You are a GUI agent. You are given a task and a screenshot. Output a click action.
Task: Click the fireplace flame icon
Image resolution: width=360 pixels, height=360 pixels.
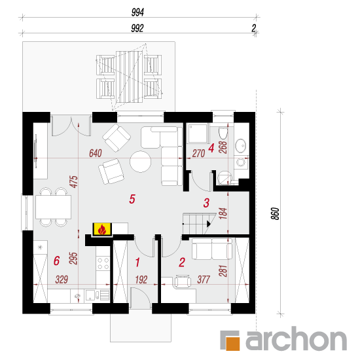102,230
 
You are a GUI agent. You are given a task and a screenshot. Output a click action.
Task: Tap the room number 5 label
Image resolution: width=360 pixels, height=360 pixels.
132,199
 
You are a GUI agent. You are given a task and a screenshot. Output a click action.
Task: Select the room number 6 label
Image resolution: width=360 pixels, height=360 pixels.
56,261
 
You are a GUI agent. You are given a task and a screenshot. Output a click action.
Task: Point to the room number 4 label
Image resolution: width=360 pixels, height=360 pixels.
211,148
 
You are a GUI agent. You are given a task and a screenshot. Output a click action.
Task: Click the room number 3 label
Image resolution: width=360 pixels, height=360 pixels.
206,203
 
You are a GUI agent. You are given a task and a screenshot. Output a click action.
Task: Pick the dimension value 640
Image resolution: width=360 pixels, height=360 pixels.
96,153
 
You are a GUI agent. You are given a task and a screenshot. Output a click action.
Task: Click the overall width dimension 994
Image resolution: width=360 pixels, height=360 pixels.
137,12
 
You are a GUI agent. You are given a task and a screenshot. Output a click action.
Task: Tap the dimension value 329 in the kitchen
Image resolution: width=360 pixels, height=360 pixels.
62,279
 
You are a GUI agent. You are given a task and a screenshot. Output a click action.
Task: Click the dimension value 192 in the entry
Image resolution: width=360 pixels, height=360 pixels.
141,279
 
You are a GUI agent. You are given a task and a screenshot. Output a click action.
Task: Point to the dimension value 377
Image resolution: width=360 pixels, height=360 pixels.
204,279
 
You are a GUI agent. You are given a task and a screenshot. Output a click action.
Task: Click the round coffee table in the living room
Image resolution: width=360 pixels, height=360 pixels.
140,162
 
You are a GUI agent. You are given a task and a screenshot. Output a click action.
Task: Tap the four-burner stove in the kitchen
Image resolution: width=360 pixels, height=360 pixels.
103,263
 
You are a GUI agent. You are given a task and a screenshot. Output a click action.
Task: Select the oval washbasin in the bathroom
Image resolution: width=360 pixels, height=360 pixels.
240,146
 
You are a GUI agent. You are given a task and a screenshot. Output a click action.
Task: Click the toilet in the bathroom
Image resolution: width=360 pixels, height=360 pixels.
223,133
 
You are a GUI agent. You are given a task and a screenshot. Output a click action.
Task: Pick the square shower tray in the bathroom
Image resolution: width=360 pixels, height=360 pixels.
198,133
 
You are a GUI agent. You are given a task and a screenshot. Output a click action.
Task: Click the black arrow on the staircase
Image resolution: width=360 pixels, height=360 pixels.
209,224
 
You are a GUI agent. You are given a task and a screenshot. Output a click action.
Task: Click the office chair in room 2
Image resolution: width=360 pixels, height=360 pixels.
183,281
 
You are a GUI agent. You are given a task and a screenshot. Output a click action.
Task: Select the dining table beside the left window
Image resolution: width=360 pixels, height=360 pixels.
53,207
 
